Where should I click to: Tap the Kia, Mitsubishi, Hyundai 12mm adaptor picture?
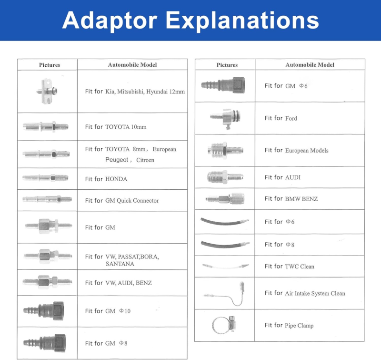49,91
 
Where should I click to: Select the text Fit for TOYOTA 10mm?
116,127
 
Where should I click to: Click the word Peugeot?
117,160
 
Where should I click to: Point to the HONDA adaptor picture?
45,178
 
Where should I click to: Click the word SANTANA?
120,264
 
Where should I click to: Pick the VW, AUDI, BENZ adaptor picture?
47,281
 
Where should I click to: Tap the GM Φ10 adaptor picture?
44,310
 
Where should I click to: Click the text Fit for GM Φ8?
106,343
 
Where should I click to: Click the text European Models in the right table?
307,151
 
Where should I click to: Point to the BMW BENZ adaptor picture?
225,199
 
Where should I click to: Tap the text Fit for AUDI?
282,177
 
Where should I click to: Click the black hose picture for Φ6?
224,222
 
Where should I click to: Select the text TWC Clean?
300,267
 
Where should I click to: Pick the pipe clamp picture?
224,325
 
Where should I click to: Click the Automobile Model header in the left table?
132,65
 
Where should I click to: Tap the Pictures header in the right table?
227,65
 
